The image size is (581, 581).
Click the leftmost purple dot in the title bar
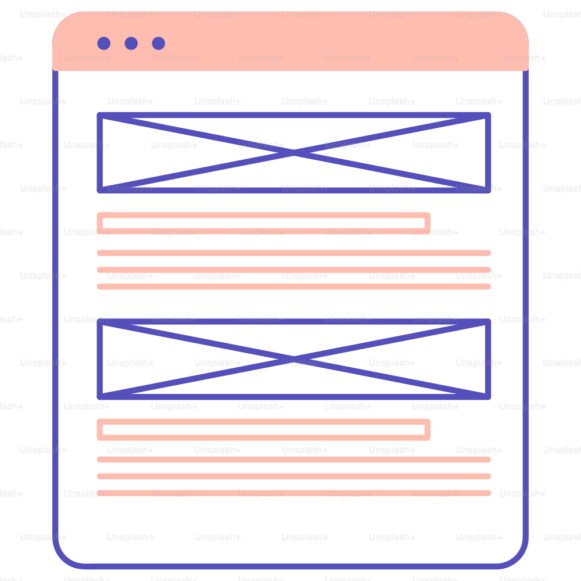click(104, 44)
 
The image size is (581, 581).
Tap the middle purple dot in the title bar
click(131, 44)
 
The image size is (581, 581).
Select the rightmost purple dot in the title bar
click(159, 44)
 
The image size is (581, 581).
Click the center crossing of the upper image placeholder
click(294, 153)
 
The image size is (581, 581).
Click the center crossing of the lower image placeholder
click(294, 359)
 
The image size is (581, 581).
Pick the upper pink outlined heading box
click(263, 216)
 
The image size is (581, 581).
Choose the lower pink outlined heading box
click(263, 422)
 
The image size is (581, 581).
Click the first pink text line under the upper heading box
click(294, 253)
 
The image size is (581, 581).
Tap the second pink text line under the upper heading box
click(294, 270)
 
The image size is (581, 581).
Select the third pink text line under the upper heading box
click(294, 286)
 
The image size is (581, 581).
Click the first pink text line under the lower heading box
click(294, 460)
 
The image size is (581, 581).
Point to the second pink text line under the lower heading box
click(294, 476)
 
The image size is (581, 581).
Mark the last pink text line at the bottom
click(294, 493)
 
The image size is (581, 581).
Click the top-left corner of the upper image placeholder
click(100, 115)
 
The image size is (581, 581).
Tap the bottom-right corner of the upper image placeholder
click(488, 190)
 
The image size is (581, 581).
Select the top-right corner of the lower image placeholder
click(488, 322)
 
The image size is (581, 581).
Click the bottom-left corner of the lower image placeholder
click(100, 396)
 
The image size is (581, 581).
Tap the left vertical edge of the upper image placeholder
click(100, 153)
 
